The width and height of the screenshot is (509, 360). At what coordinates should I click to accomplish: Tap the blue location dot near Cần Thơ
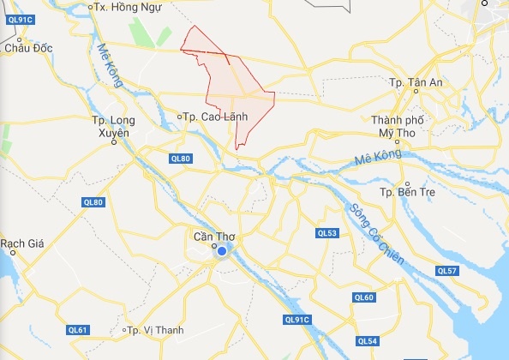click(222, 251)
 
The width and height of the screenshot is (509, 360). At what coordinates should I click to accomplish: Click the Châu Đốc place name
click(28, 49)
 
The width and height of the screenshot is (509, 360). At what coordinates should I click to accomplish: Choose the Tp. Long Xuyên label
click(111, 127)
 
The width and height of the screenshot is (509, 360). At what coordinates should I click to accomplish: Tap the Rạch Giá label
click(22, 243)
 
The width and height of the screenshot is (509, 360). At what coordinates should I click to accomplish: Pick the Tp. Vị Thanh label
click(147, 331)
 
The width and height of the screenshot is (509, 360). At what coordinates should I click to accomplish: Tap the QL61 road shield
click(79, 329)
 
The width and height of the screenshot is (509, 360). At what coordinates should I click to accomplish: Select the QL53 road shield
click(326, 232)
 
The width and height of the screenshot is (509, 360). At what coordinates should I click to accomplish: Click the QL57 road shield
click(447, 271)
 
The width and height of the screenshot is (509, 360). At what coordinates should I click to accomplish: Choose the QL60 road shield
click(363, 297)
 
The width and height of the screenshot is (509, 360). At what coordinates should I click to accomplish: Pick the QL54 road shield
click(367, 341)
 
